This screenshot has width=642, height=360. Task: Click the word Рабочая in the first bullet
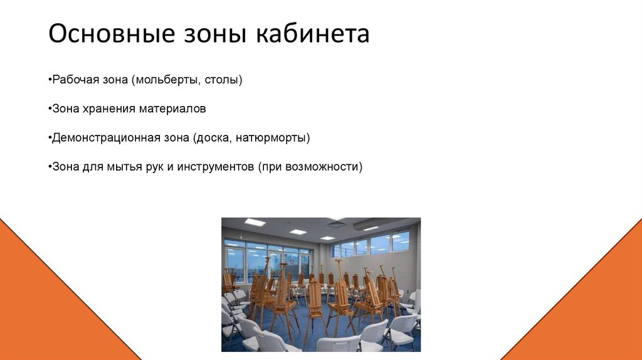73,80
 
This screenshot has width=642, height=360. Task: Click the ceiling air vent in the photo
337,224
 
